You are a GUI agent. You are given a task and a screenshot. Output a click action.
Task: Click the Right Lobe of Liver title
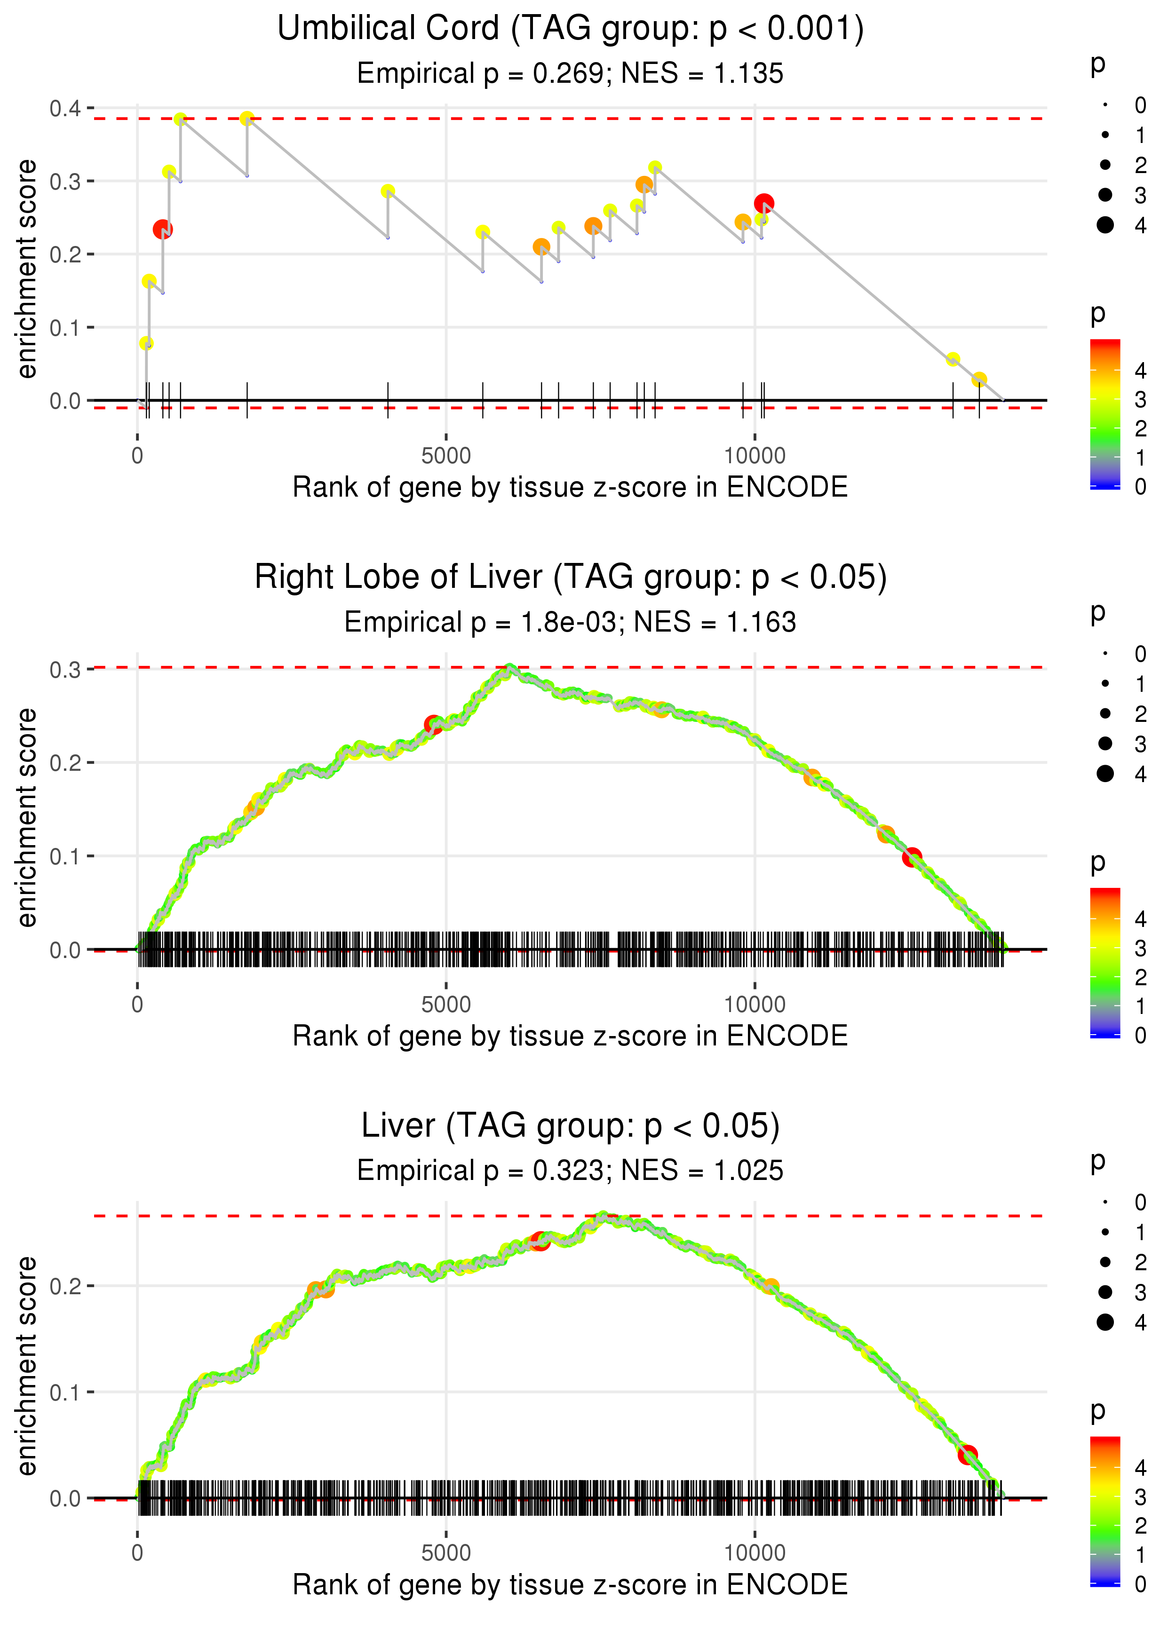click(571, 578)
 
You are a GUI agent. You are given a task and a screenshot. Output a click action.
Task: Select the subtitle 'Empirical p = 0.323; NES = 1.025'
click(571, 1171)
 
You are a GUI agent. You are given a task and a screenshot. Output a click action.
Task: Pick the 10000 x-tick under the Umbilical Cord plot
click(755, 456)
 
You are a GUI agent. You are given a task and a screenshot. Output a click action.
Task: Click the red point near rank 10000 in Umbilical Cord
click(763, 203)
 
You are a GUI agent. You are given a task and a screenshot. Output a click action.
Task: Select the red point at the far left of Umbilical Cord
click(162, 229)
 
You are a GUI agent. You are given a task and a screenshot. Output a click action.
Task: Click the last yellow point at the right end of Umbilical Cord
click(979, 380)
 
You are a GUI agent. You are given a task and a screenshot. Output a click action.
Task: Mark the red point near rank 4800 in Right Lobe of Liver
click(433, 724)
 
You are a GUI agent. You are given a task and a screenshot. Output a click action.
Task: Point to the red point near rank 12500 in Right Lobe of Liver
click(912, 857)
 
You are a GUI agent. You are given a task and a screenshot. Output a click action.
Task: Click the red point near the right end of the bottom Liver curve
click(968, 1454)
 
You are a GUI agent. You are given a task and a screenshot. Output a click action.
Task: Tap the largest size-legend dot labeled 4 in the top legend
click(1105, 225)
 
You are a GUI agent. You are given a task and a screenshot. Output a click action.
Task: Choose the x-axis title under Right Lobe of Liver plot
click(571, 1036)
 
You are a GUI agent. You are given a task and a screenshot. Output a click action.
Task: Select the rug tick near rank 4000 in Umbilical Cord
click(388, 400)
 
